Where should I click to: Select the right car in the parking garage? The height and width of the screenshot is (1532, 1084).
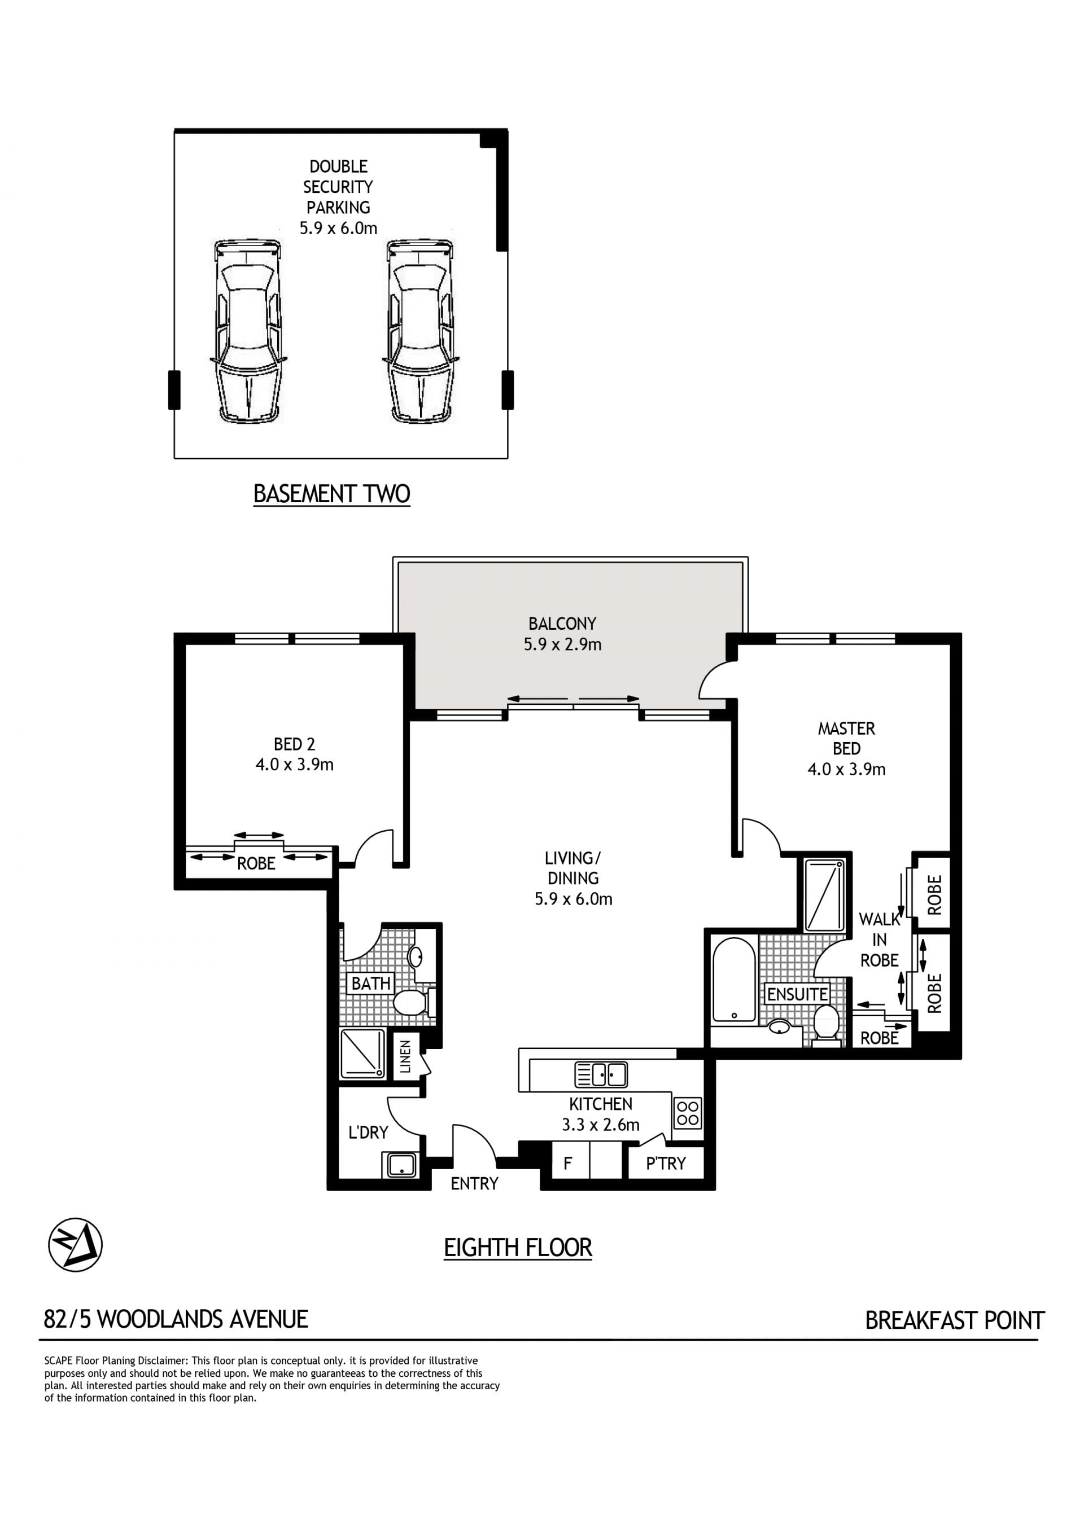pyautogui.click(x=421, y=331)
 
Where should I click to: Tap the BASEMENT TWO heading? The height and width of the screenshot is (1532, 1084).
pyautogui.click(x=332, y=494)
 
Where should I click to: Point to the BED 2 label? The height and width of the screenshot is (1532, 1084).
pyautogui.click(x=294, y=743)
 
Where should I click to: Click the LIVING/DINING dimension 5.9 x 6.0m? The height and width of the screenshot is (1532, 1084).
pyautogui.click(x=574, y=899)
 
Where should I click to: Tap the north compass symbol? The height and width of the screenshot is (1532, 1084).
pyautogui.click(x=76, y=1244)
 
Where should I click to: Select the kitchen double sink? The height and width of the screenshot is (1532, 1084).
pyautogui.click(x=601, y=1074)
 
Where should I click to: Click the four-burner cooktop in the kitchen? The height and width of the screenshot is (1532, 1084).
pyautogui.click(x=688, y=1112)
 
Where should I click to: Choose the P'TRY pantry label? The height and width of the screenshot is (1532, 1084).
pyautogui.click(x=666, y=1164)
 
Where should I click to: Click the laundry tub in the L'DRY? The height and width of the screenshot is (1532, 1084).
pyautogui.click(x=401, y=1165)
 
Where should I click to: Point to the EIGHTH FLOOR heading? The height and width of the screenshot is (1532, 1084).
pyautogui.click(x=518, y=1248)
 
